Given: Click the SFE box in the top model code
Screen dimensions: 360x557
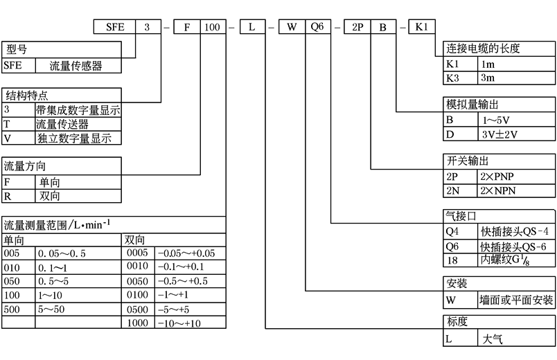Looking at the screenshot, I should point(114,28).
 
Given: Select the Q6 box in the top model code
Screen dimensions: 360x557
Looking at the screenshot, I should point(317,28).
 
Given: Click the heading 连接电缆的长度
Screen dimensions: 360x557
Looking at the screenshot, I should point(483,48).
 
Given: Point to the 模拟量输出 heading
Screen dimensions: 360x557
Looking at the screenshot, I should point(472,104).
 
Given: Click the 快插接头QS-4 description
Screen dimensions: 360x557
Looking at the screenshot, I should point(514,231).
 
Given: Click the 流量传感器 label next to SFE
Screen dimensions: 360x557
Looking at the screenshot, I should point(76,66).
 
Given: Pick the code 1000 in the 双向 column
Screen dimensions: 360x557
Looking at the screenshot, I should point(138,322).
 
